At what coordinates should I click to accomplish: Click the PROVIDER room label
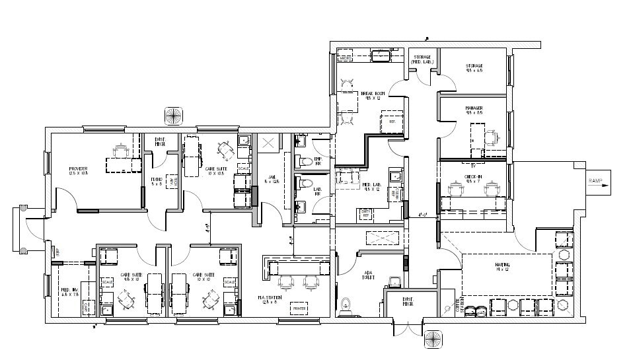78,171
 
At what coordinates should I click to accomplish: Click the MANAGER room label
474,110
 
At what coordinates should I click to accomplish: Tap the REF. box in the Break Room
391,122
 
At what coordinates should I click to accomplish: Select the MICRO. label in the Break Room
346,58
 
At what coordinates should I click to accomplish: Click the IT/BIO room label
157,182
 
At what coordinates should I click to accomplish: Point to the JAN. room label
272,179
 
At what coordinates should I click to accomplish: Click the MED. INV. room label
69,292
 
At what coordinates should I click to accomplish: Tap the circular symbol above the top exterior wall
173,115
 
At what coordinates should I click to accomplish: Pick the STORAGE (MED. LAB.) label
422,59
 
